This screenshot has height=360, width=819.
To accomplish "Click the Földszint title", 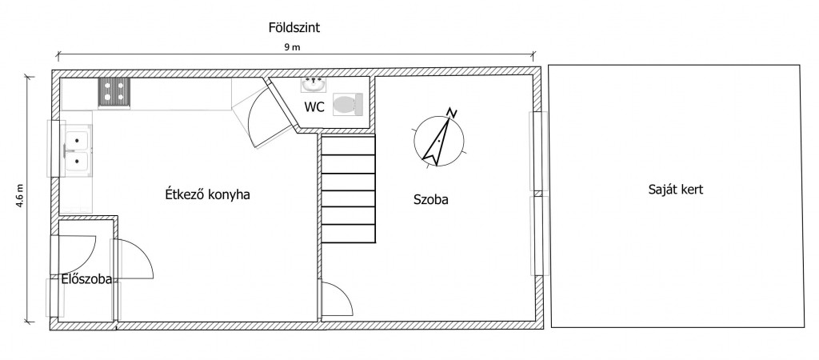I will pyautogui.click(x=294, y=28).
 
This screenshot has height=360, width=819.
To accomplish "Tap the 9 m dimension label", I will pyautogui.click(x=292, y=48).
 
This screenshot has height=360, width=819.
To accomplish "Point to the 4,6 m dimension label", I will pyautogui.click(x=22, y=197).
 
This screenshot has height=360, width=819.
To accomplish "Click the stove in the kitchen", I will pyautogui.click(x=114, y=94).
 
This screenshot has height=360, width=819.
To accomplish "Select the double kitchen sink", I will pyautogui.click(x=78, y=151).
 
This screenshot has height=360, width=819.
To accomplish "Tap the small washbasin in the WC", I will pyautogui.click(x=314, y=83).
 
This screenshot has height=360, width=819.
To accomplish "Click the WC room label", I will pyautogui.click(x=314, y=107).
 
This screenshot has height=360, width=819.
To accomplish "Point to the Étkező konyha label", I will pyautogui.click(x=207, y=194).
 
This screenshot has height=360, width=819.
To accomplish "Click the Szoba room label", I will pyautogui.click(x=430, y=200).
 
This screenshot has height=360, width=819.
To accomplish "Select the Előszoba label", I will pyautogui.click(x=86, y=279).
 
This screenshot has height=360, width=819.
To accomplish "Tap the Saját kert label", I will pyautogui.click(x=676, y=190).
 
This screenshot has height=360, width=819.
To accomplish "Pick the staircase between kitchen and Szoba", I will pyautogui.click(x=348, y=190).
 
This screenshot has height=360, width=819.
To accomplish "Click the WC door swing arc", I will pyautogui.click(x=264, y=116).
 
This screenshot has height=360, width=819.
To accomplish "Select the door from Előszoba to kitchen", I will pyautogui.click(x=132, y=260).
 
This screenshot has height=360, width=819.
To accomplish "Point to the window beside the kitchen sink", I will pyautogui.click(x=54, y=147).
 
